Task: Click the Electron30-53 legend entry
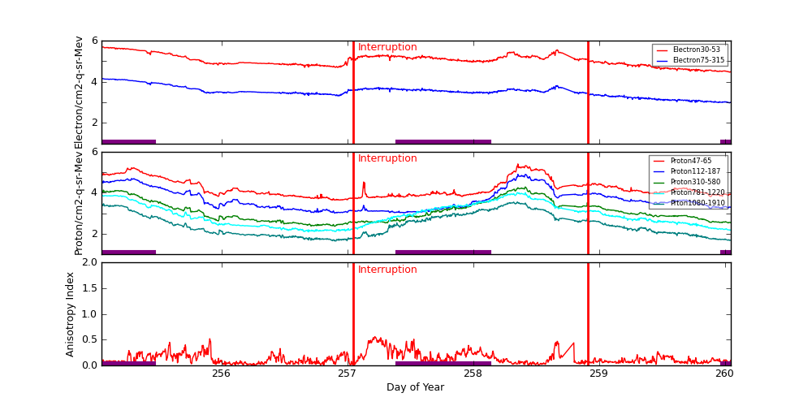coord(696,50)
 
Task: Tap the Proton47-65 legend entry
coord(690,161)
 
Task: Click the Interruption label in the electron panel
coord(387,48)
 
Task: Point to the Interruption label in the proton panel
coord(387,159)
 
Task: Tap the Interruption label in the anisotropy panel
coord(387,270)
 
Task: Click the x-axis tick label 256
coord(221,374)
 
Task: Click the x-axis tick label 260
coord(724,374)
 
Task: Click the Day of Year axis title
coord(415,388)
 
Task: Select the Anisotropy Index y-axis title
coord(71,313)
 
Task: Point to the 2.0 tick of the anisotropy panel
coord(89,263)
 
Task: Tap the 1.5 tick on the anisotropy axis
coord(89,288)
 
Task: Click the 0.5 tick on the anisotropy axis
coord(89,340)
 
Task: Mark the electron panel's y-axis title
coord(79,92)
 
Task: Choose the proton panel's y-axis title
coord(79,203)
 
